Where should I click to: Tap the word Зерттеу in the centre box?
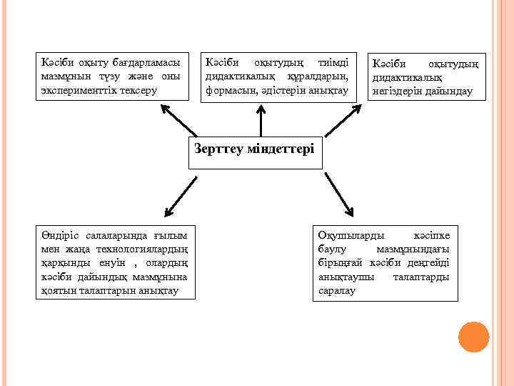click(218, 149)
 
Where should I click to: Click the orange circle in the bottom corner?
click(473, 337)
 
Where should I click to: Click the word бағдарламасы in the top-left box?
click(146, 63)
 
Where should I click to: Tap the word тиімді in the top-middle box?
click(332, 63)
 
